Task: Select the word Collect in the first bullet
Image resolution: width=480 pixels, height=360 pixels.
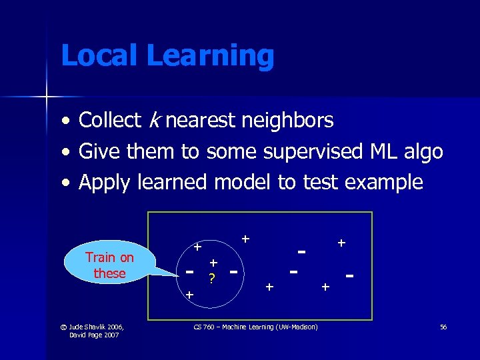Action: [109, 121]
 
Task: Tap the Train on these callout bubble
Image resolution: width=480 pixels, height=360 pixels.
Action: [109, 265]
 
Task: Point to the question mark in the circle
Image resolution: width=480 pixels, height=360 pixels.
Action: [211, 279]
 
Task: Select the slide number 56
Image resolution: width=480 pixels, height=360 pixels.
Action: [443, 327]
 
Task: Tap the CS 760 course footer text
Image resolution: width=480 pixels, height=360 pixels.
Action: [255, 327]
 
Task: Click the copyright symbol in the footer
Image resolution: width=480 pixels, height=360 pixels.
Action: [63, 327]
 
